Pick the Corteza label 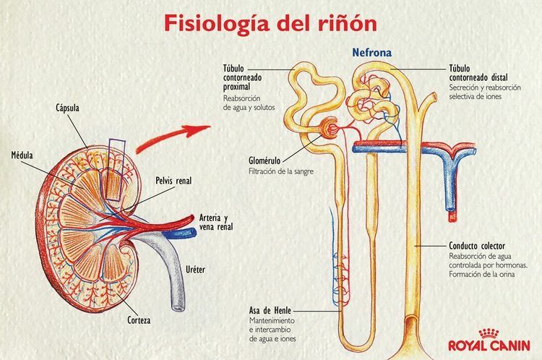pos(157,317)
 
